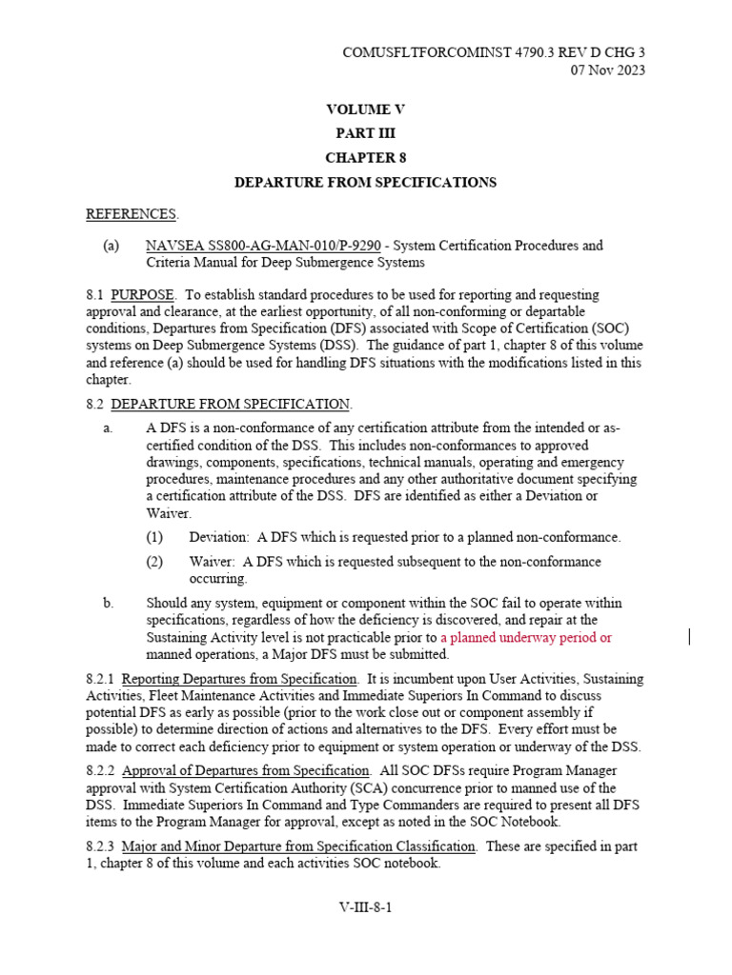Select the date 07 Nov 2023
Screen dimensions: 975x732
607,71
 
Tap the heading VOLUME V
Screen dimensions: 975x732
365,109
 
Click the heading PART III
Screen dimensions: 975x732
365,133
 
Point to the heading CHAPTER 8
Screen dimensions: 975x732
365,157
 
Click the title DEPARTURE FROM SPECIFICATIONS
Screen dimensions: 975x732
365,182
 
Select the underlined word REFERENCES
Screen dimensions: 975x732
132,213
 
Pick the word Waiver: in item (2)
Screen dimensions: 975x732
212,562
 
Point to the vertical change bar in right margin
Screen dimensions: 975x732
689,637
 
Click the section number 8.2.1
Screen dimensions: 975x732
100,679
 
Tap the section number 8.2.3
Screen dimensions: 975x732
100,846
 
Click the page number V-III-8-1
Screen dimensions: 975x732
365,907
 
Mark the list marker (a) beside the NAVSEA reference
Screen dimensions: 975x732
111,246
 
